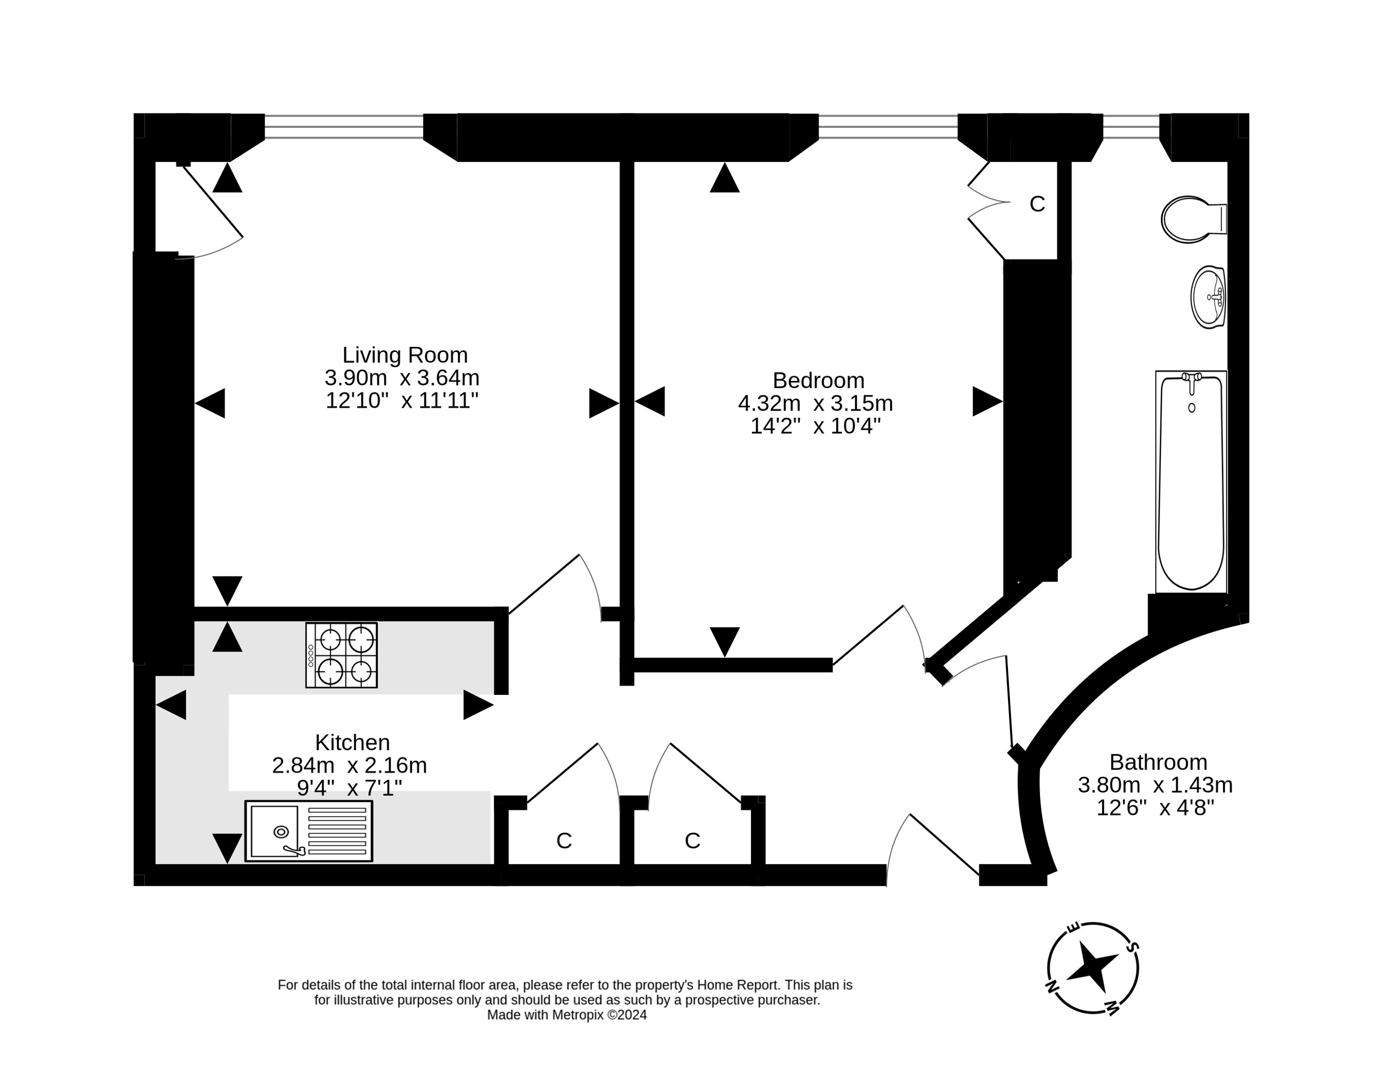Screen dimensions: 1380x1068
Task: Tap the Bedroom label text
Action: (x=818, y=381)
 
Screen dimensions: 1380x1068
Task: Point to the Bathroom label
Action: (x=1158, y=762)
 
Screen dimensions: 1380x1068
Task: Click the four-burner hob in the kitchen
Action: (x=341, y=655)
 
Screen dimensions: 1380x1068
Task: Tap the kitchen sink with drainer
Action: (x=308, y=831)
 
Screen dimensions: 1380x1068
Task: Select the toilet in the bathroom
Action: (x=1194, y=219)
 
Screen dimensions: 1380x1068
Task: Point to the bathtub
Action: (x=1191, y=482)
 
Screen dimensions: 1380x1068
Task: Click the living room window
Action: (x=344, y=126)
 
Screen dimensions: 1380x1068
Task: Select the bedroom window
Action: (x=888, y=126)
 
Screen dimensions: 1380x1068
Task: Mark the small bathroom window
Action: (x=1131, y=126)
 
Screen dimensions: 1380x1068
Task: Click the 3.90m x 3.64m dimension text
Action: (x=402, y=378)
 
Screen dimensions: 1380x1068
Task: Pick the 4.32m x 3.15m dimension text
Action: (x=815, y=403)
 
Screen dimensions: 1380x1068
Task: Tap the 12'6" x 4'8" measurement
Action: (x=1155, y=807)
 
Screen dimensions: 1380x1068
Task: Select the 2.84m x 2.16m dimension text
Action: (x=349, y=765)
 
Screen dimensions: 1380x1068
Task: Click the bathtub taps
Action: (x=1192, y=381)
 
